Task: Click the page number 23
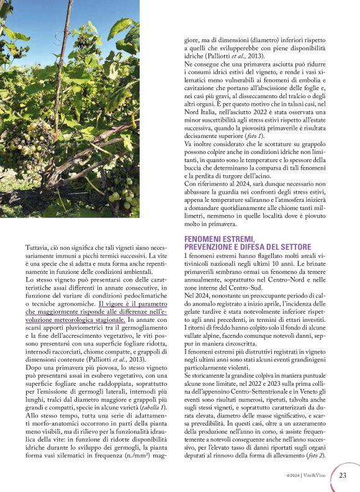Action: click(342, 475)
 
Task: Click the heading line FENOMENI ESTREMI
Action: click(219, 239)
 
